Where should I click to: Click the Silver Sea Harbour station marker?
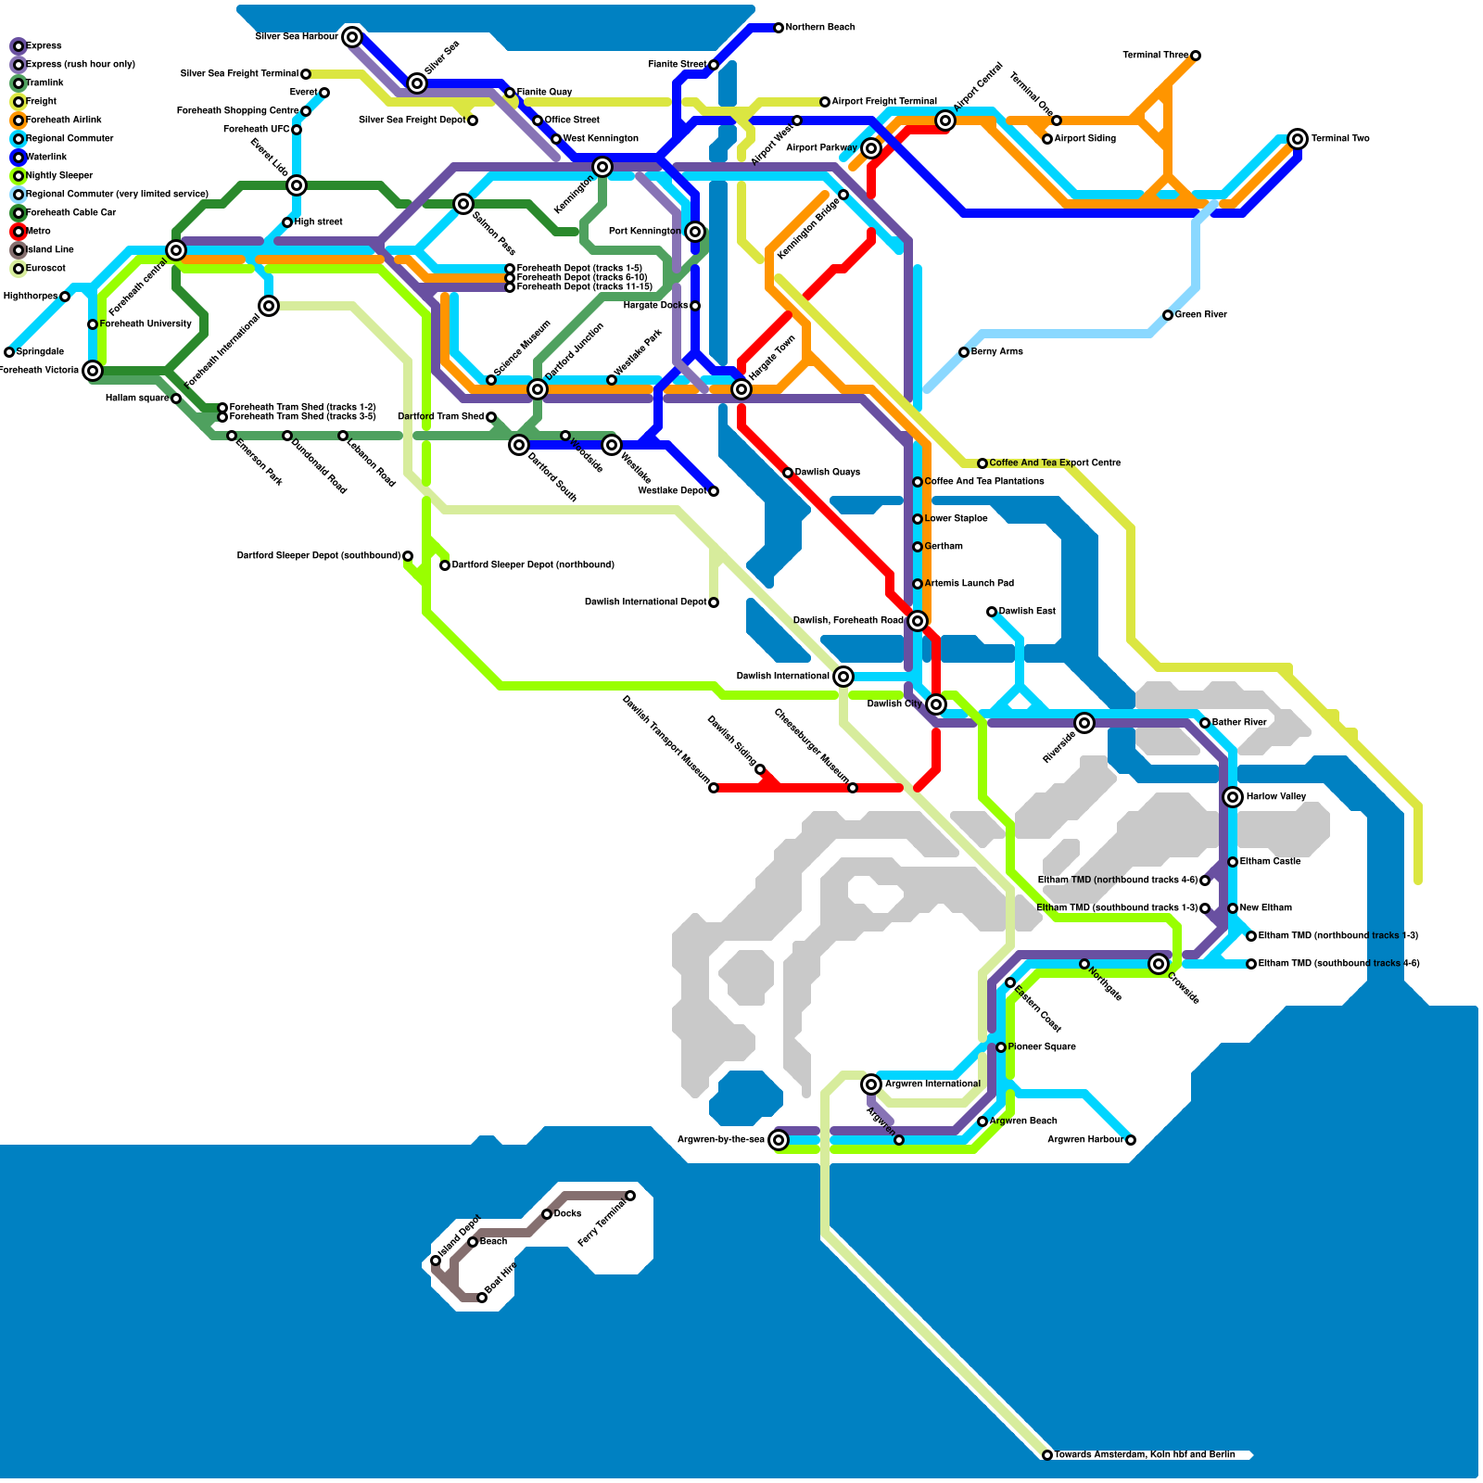351,37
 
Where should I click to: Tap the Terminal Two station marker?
1298,139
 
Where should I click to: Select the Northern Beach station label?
819,28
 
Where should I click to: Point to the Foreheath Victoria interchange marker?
93,371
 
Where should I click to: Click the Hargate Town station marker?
741,389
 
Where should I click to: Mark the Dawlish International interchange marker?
843,677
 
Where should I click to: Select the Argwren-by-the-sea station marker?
779,1140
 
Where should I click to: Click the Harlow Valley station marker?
1233,797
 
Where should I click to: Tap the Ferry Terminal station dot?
630,1196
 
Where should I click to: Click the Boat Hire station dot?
482,1298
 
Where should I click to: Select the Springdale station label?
40,352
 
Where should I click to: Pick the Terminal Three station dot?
1196,56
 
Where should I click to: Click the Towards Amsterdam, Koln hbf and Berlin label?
1144,1455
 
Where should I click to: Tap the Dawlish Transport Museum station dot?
714,788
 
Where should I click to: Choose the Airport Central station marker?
945,120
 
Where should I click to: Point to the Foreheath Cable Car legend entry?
70,213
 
